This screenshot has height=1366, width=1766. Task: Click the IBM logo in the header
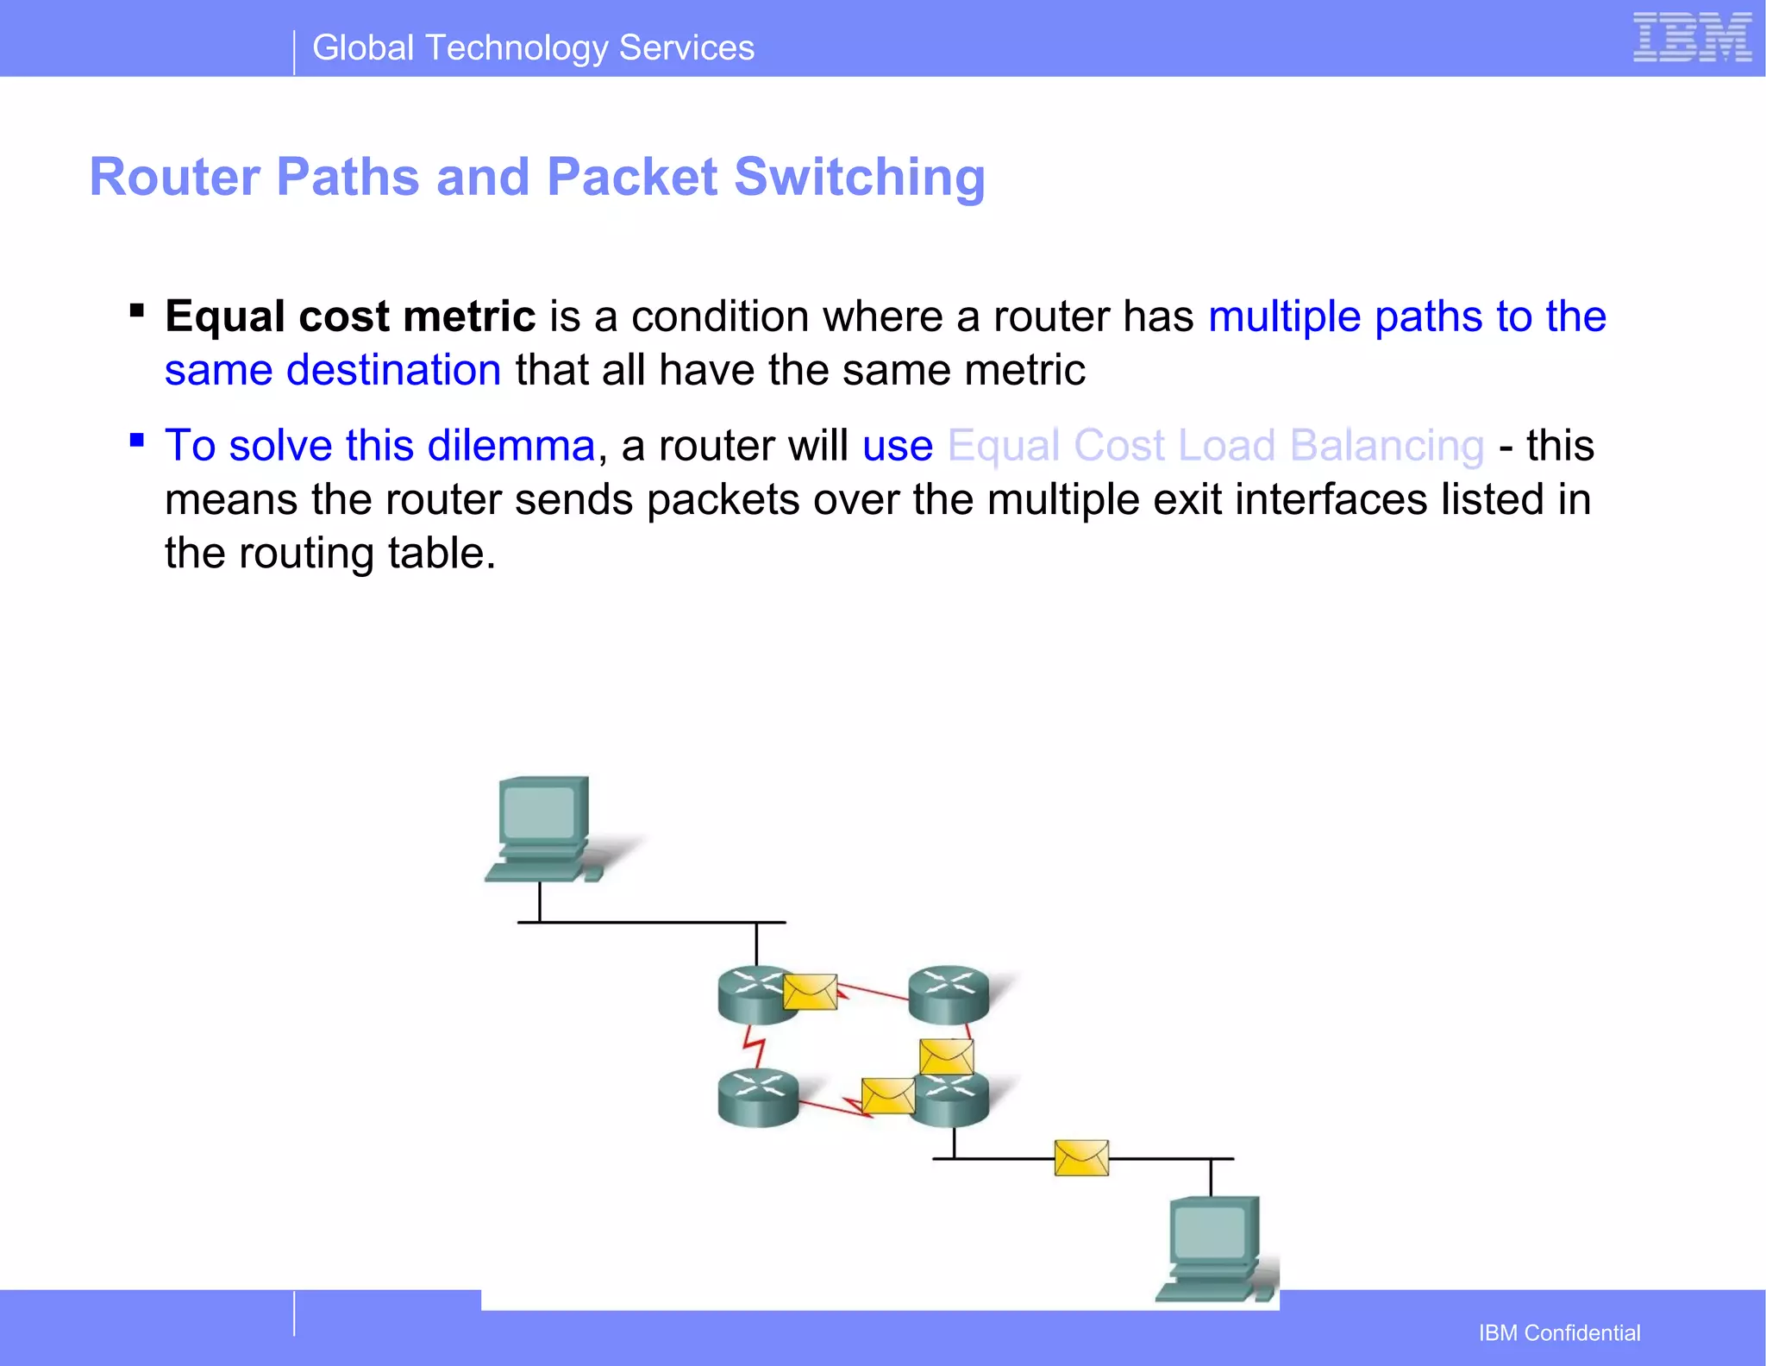pos(1692,38)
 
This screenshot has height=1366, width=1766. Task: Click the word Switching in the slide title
pos(859,177)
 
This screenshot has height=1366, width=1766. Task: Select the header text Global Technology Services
pos(533,48)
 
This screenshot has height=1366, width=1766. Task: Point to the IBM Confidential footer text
pos(1559,1333)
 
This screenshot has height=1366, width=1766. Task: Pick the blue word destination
pos(393,370)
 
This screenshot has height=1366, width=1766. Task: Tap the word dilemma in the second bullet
pos(511,446)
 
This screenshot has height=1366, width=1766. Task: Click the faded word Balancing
pos(1387,446)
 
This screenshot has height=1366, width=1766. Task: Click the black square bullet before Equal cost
pos(136,310)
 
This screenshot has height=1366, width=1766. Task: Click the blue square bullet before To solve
pos(136,440)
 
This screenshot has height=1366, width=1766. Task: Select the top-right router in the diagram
pos(949,993)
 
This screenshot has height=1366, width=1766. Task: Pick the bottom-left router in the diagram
pos(758,1097)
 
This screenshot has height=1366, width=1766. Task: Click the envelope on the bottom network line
pos(1081,1158)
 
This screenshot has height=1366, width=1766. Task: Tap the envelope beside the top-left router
pos(810,992)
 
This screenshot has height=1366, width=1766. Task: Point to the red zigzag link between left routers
pos(755,1047)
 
